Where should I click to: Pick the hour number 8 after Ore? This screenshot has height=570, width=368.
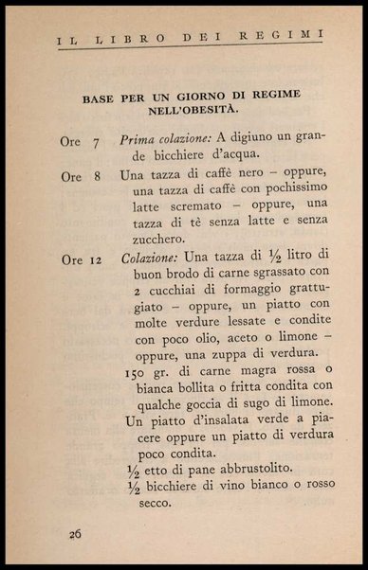click(x=96, y=176)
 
